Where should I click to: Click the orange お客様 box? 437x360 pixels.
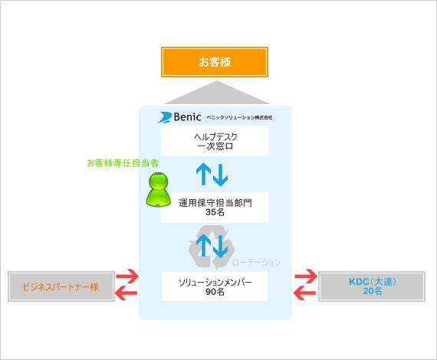pos(215,62)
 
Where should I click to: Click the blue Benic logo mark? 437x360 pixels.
pos(165,117)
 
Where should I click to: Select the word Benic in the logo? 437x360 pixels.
pos(187,117)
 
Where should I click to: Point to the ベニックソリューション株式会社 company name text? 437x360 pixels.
pos(239,117)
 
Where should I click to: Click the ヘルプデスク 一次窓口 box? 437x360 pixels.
pos(215,141)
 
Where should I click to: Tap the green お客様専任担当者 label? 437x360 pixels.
pos(123,163)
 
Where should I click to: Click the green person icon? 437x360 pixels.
pos(158,189)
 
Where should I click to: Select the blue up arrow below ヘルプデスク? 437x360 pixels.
pos(203,174)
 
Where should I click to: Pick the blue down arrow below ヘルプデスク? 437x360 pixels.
pos(221,175)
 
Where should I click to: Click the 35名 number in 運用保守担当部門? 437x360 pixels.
pos(215,212)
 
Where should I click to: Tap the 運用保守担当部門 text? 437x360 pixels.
pos(215,203)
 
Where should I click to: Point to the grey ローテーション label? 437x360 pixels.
pos(256,262)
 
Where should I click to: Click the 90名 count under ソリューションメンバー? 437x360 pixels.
pos(215,292)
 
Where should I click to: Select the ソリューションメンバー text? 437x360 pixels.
pos(215,283)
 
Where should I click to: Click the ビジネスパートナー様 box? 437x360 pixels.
pos(61,286)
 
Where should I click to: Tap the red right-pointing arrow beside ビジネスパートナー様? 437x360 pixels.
pos(127,276)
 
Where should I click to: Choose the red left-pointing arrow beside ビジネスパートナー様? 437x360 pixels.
pos(126,293)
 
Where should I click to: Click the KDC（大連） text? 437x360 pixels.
pos(373,282)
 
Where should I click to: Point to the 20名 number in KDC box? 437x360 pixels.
pos(373,291)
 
